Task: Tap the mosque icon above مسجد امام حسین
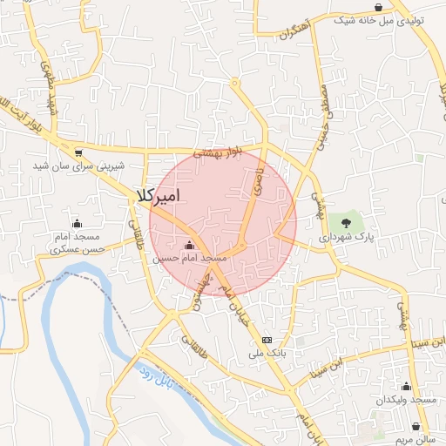pyautogui.click(x=190, y=246)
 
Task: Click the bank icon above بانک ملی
pyautogui.click(x=267, y=340)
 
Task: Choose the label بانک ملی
pyautogui.click(x=267, y=354)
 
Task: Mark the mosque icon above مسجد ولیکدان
pyautogui.click(x=405, y=386)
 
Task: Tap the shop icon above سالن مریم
pyautogui.click(x=416, y=427)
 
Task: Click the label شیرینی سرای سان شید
pyautogui.click(x=79, y=166)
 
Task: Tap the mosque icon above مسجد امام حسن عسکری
pyautogui.click(x=77, y=223)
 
